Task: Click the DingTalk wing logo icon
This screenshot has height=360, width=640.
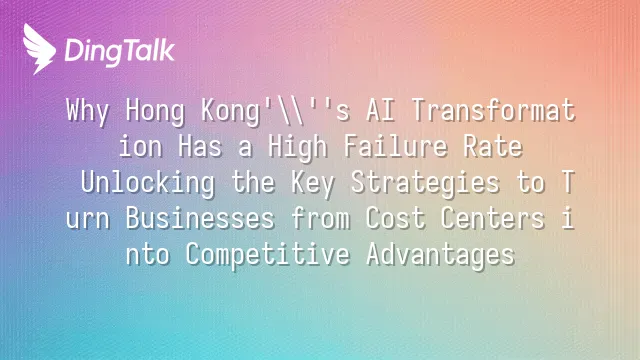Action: [39, 49]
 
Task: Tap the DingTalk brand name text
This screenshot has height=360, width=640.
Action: [120, 52]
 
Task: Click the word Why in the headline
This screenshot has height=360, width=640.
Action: [88, 111]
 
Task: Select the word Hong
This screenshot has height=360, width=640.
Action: [155, 111]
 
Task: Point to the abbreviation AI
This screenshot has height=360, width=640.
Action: [380, 110]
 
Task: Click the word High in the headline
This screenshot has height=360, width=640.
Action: [298, 147]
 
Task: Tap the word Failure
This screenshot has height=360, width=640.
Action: [396, 146]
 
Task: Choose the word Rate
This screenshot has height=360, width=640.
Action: [493, 146]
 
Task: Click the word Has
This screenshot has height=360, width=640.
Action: [200, 146]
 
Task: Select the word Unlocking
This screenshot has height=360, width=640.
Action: [148, 183]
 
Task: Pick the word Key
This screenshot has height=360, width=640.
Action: [313, 183]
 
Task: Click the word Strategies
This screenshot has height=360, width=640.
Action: [425, 183]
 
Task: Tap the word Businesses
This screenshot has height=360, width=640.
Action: [200, 218]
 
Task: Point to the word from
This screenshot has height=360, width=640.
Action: [320, 218]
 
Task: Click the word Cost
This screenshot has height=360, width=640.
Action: [396, 218]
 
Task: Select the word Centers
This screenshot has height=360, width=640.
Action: [493, 218]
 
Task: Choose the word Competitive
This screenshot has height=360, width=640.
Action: [268, 254]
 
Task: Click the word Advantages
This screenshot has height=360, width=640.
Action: [440, 254]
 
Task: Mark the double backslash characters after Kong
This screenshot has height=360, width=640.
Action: [290, 110]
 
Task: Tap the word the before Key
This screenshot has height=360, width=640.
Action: [253, 182]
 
